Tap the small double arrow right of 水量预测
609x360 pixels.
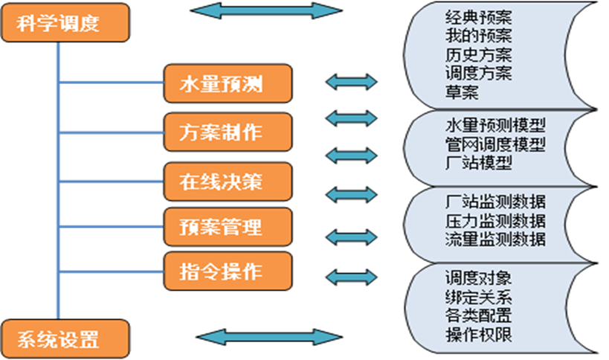point(352,82)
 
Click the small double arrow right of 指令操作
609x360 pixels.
point(352,277)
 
